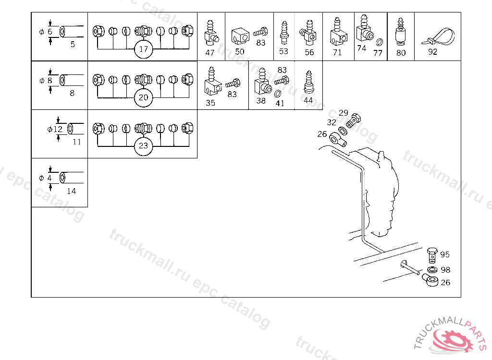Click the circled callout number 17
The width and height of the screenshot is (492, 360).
[143, 49]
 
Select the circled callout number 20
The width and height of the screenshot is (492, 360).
[143, 97]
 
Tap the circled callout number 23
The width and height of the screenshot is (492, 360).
[143, 146]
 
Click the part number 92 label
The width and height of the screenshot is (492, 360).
[433, 52]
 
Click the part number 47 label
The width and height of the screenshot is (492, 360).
[210, 53]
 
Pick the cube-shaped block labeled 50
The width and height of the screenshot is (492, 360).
[240, 36]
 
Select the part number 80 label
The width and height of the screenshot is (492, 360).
[401, 53]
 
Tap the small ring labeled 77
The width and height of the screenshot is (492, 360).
[380, 42]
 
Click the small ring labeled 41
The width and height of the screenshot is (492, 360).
[278, 94]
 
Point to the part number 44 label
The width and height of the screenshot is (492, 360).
[308, 100]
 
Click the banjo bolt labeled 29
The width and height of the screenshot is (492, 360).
[354, 120]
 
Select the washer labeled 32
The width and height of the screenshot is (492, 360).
[343, 131]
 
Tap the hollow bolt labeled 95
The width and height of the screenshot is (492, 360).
[432, 255]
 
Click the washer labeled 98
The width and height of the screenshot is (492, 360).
[432, 269]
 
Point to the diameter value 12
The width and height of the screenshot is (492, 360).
[58, 129]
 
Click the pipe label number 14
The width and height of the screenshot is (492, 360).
[72, 191]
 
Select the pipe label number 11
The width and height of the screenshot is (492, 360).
[77, 142]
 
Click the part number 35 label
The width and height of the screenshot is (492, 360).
[210, 103]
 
